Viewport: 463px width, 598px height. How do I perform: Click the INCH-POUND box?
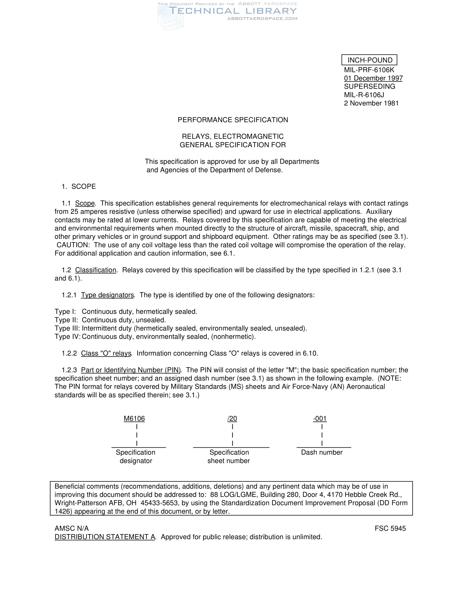pyautogui.click(x=369, y=60)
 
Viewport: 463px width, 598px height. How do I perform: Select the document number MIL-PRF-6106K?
pyautogui.click(x=369, y=70)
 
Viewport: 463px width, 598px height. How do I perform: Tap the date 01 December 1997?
pyautogui.click(x=373, y=78)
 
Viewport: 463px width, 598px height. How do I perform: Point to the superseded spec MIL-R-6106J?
pyautogui.click(x=364, y=95)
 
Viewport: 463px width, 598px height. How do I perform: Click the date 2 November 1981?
pyautogui.click(x=371, y=103)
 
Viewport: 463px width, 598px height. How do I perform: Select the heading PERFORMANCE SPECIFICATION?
pyautogui.click(x=233, y=120)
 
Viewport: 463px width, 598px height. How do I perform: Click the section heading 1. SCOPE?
pyautogui.click(x=79, y=186)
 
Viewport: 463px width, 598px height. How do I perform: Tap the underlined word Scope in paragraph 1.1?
pyautogui.click(x=85, y=203)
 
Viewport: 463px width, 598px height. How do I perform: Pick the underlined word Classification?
pyautogui.click(x=96, y=270)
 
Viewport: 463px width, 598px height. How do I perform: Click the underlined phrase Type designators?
pyautogui.click(x=107, y=295)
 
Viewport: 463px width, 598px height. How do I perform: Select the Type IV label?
pyautogui.click(x=67, y=337)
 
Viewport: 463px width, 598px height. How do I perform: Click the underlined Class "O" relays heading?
pyautogui.click(x=106, y=353)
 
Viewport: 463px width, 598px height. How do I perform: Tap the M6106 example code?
pyautogui.click(x=134, y=418)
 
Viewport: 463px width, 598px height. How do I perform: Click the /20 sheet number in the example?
pyautogui.click(x=232, y=418)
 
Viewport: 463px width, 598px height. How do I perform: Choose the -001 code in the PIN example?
pyautogui.click(x=319, y=418)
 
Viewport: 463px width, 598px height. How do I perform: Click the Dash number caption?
pyautogui.click(x=322, y=452)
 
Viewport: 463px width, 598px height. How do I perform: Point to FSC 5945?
pyautogui.click(x=390, y=528)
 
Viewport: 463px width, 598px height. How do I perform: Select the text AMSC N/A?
pyautogui.click(x=72, y=528)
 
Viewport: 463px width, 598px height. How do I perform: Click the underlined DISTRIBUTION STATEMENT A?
pyautogui.click(x=105, y=537)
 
